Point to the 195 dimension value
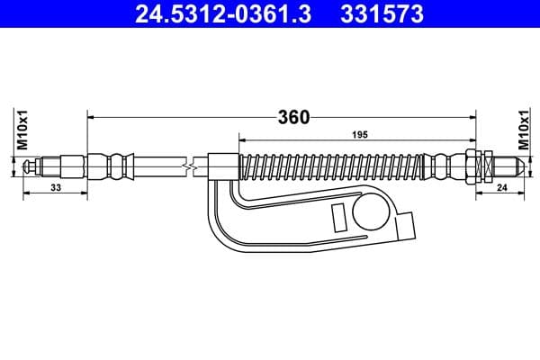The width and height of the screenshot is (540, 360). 358,136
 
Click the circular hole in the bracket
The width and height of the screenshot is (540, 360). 371,212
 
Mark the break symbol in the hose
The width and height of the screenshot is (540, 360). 186,166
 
